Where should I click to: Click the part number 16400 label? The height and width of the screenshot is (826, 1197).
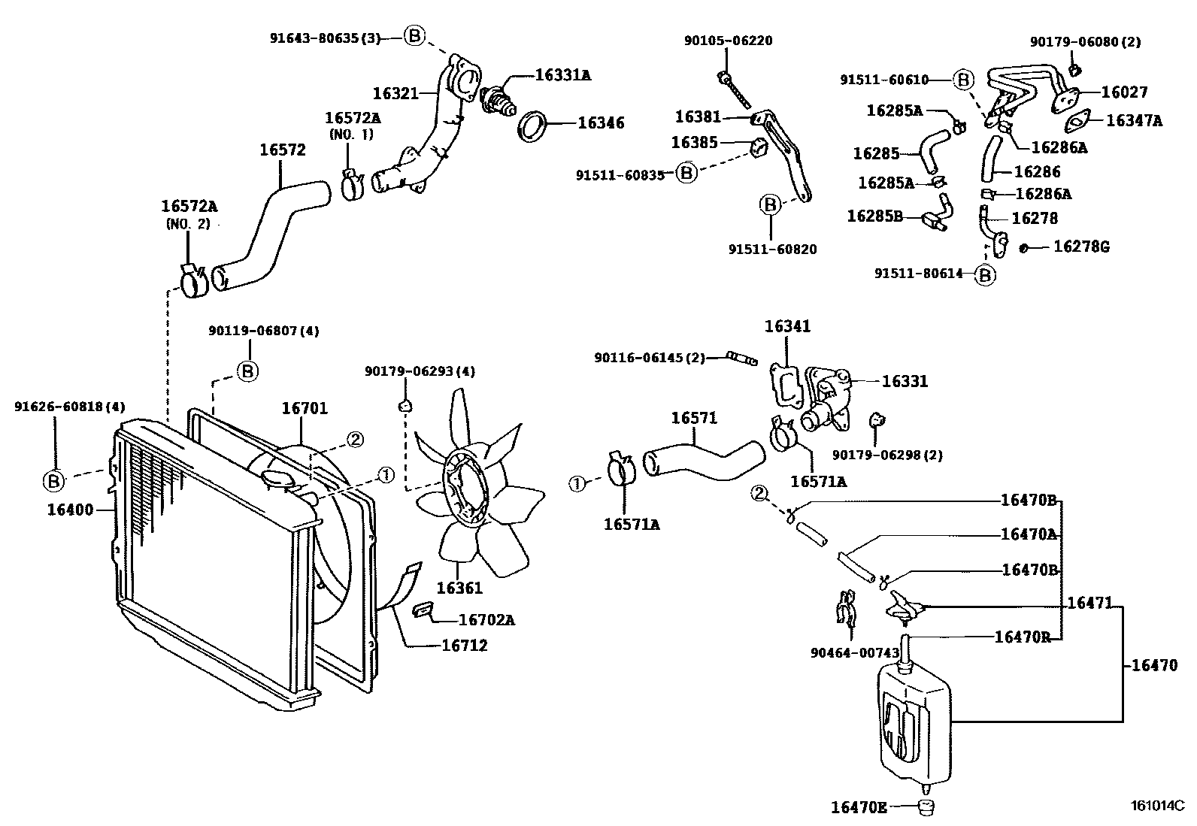pos(70,510)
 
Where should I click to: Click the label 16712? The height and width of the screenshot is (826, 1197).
pos(464,645)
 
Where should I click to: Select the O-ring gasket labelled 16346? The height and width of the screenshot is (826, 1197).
pos(533,126)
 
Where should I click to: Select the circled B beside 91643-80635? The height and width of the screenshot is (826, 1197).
pos(415,35)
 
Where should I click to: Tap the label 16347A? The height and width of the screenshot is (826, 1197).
pos(1134,120)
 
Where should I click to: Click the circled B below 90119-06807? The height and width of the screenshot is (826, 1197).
pos(248,371)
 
